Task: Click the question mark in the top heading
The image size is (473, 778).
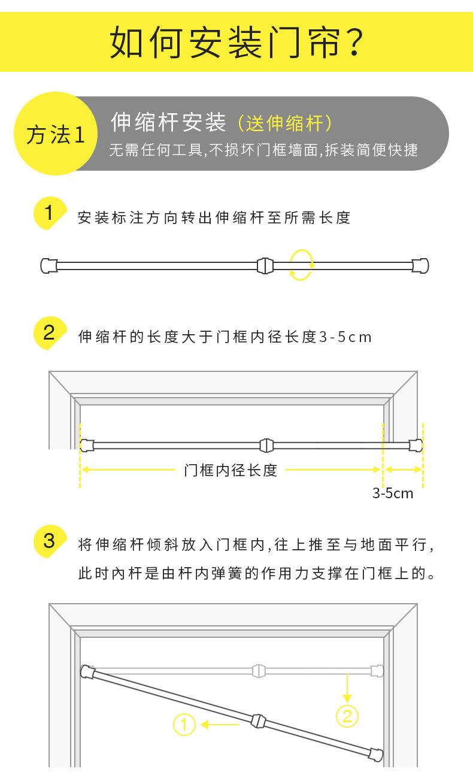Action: pos(355,42)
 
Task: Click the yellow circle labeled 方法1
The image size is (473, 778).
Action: pos(55,134)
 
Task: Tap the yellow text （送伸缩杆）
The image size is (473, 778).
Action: pos(285,123)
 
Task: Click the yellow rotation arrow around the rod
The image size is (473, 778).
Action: pos(301,265)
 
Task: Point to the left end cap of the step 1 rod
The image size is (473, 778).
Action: pos(48,265)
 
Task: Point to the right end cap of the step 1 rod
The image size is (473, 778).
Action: pos(421,265)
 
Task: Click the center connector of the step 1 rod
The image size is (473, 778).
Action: pos(265,265)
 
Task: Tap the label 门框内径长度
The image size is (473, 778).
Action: pos(231,470)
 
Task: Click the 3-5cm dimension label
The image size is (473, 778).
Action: pos(393,494)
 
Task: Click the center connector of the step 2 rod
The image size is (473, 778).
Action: pos(267,445)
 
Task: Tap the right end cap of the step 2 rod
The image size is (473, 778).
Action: pos(416,445)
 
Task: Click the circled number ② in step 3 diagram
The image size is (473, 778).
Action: pos(347,716)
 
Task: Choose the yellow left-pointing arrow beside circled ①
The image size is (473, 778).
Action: pos(220,725)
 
